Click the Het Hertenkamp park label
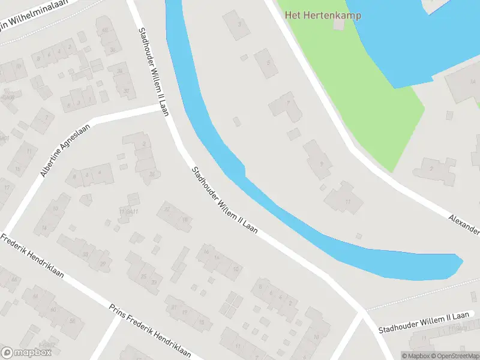tap(323, 15)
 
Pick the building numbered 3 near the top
tap(237, 25)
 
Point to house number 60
tap(54, 308)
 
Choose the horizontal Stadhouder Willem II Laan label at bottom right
tap(424, 323)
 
